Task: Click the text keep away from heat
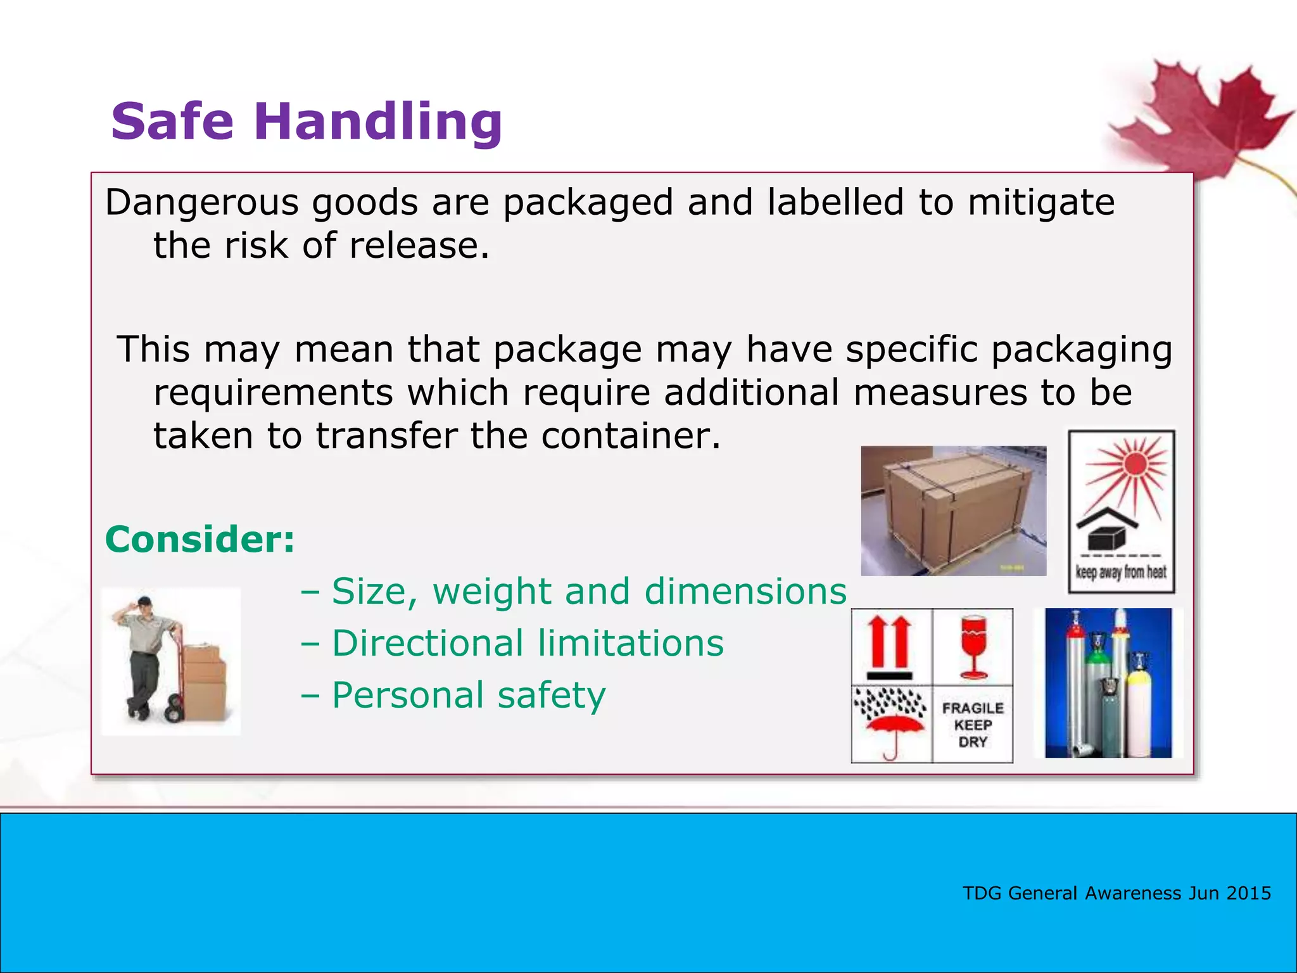tap(1121, 572)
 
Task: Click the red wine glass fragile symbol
tap(973, 647)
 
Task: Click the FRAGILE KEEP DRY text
tap(973, 725)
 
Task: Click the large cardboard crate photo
tap(952, 511)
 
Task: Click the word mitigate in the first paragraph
tap(1041, 203)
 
